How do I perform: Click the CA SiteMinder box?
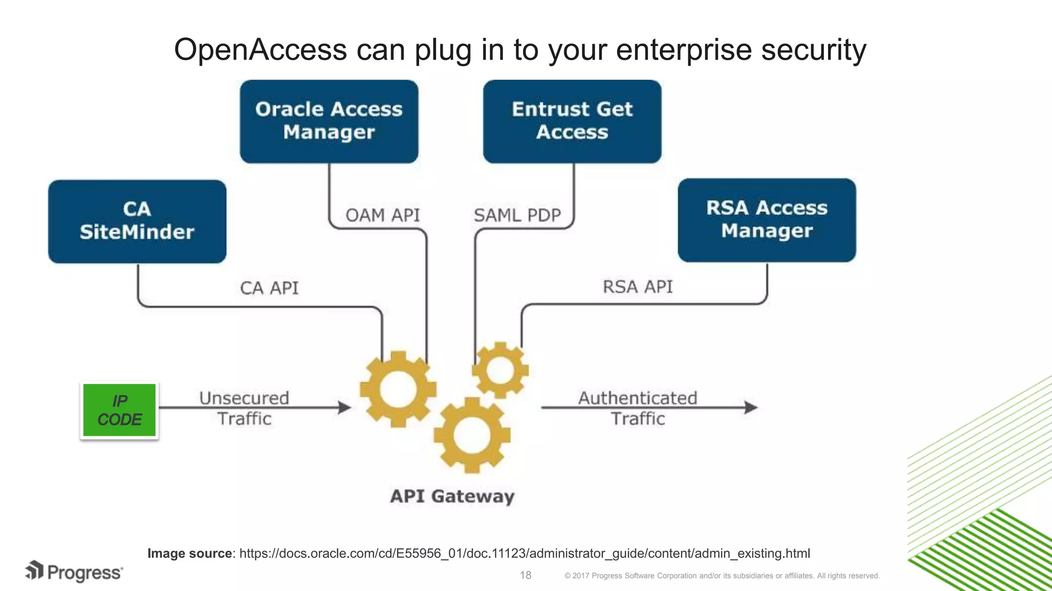point(137,221)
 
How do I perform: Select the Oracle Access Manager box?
point(329,121)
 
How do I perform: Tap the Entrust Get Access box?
point(572,121)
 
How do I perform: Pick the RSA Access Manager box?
point(767,220)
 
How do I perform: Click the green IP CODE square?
point(119,410)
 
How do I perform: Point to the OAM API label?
point(383,215)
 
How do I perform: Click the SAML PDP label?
point(517,215)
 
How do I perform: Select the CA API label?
point(269,288)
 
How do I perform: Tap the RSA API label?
point(637,287)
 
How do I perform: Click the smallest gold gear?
point(500,370)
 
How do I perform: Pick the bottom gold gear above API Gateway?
point(472,435)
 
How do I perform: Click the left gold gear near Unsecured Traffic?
point(398,389)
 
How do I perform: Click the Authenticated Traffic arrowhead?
point(752,407)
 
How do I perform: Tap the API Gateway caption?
point(452,496)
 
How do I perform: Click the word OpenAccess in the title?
point(260,50)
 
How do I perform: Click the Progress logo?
point(74,572)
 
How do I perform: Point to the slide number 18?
point(525,575)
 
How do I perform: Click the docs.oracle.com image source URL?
point(524,554)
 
